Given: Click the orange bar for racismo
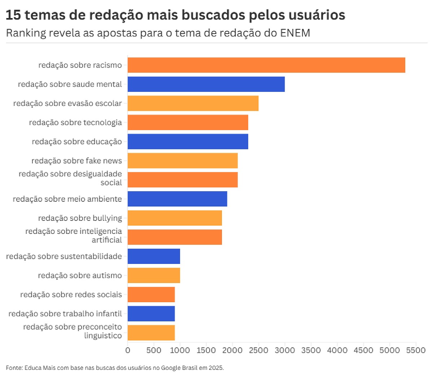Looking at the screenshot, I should pyautogui.click(x=266, y=65).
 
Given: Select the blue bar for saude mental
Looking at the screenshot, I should pyautogui.click(x=206, y=84).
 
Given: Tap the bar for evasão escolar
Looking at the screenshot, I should pyautogui.click(x=193, y=103).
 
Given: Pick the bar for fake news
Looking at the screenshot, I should pyautogui.click(x=183, y=160).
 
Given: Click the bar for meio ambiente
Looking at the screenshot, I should pyautogui.click(x=177, y=199).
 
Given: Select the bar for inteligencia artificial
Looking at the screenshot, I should pyautogui.click(x=175, y=237).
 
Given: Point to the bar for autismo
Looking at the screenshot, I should pyautogui.click(x=154, y=275).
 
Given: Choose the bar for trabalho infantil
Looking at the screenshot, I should pyautogui.click(x=151, y=314).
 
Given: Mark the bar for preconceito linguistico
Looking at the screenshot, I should pyautogui.click(x=151, y=333).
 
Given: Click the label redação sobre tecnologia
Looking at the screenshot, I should pyautogui.click(x=75, y=123).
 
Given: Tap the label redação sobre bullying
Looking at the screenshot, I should pyautogui.click(x=80, y=218).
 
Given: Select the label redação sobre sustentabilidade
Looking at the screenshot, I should pyautogui.click(x=64, y=256).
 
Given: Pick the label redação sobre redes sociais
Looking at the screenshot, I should pyautogui.click(x=71, y=295).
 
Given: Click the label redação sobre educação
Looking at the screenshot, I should pyautogui.click(x=76, y=142).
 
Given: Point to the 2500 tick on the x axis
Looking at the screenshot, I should pyautogui.click(x=259, y=350).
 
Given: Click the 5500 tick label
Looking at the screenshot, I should pyautogui.click(x=416, y=350).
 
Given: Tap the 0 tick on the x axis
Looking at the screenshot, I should pyautogui.click(x=128, y=350).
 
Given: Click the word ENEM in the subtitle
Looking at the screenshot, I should pyautogui.click(x=295, y=33).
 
